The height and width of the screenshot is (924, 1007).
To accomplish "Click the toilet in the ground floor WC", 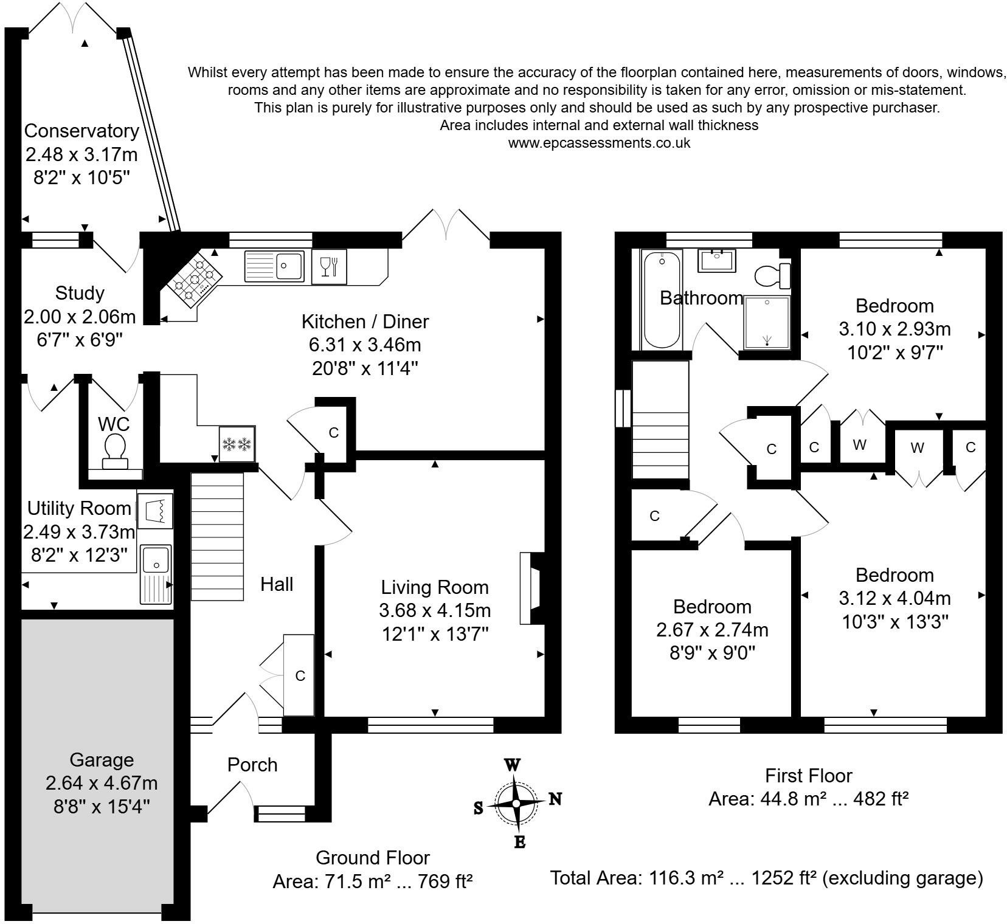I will pos(114,451).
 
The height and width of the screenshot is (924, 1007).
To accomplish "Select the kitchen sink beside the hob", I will pos(274,266).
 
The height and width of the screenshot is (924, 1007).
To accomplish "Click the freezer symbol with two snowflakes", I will pos(237,444).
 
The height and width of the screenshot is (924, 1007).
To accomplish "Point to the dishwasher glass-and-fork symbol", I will pos(329,266).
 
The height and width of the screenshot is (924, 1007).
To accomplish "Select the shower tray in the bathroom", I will pos(767,322).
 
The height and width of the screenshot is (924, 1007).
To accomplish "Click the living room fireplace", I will pos(531,588).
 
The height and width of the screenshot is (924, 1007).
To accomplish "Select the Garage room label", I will pos(102,760).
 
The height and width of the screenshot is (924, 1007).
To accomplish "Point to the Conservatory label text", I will pos(81,131).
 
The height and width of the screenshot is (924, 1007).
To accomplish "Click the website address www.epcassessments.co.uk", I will pos(599,143).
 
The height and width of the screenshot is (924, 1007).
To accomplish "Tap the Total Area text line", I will pos(766,878).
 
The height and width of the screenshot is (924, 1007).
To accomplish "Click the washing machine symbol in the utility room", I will pos(156,511).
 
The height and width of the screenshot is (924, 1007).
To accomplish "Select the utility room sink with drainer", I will pos(156,574).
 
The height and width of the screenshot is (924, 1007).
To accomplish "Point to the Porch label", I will pos(252,765).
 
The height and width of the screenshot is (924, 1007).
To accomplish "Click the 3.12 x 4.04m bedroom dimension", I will pos(895,598).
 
